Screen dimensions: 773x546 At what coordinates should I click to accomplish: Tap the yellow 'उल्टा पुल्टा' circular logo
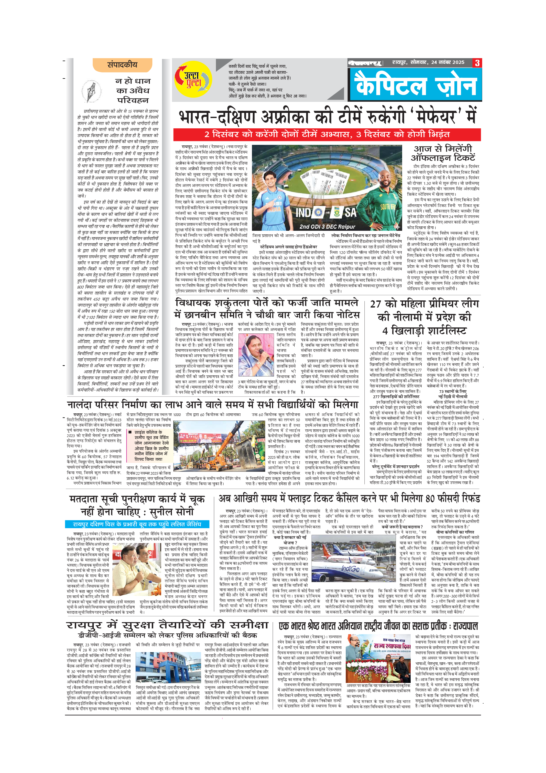click(x=193, y=80)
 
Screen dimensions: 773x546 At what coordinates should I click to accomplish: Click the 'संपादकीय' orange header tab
click(x=122, y=65)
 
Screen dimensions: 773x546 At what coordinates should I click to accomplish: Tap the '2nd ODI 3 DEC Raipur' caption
click(x=327, y=227)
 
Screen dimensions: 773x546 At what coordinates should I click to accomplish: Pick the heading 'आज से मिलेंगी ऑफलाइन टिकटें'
click(x=443, y=153)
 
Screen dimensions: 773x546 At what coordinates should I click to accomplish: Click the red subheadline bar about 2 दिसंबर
click(x=327, y=135)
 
